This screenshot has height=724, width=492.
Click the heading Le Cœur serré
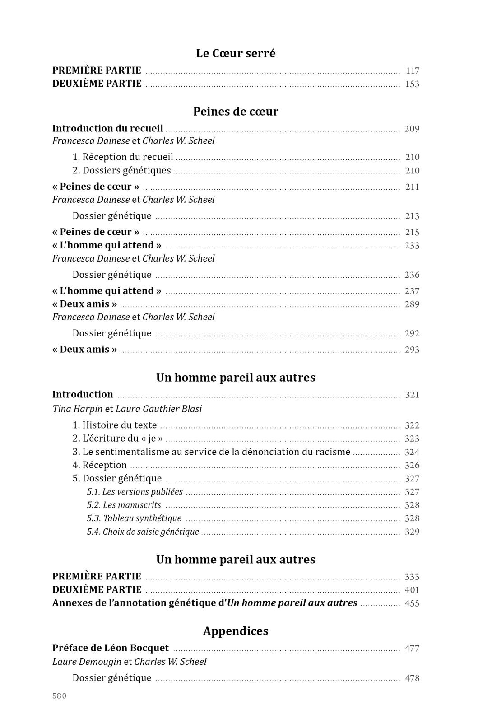236,53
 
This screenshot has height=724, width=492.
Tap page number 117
413,71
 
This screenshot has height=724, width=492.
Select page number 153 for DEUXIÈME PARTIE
412,84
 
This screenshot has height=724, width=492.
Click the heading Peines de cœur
236,112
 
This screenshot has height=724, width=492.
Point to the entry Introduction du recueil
108,129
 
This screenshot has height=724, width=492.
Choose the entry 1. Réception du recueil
123,157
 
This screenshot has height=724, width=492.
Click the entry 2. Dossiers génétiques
122,171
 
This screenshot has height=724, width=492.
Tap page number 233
412,246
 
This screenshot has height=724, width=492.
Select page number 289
412,304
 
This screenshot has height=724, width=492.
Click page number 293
412,350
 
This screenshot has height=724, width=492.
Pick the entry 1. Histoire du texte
115,425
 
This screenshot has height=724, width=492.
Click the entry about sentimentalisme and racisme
211,452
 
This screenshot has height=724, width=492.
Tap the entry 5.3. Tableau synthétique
134,518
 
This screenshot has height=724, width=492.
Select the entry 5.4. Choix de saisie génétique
143,532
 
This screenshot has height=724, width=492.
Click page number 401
412,590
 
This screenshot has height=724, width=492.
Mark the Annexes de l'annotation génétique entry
204,603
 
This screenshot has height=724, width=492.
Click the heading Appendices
236,631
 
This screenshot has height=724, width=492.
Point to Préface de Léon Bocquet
111,649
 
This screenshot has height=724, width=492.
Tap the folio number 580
59,696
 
